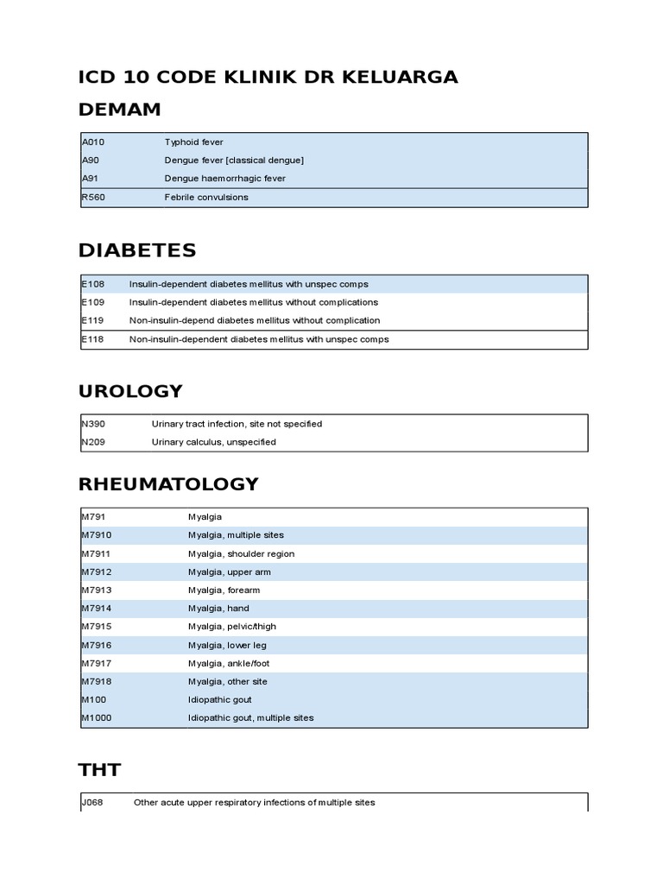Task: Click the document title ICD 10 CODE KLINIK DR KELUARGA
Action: click(268, 78)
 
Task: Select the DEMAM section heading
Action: click(119, 110)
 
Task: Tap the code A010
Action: click(93, 142)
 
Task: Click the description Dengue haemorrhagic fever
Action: click(224, 179)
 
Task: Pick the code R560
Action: click(93, 198)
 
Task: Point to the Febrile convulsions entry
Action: click(206, 198)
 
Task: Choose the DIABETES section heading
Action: click(137, 251)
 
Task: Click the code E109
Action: click(92, 303)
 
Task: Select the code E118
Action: click(92, 339)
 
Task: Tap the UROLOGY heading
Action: click(130, 392)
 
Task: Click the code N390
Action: click(93, 424)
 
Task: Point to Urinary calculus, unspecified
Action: click(213, 442)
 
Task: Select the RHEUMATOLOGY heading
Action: click(168, 484)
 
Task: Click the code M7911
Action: click(96, 554)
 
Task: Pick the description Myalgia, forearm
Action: click(224, 590)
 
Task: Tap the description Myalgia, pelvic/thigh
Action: click(232, 627)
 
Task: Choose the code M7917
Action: click(96, 663)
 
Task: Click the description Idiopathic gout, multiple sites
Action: click(250, 718)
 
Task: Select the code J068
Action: click(92, 803)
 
